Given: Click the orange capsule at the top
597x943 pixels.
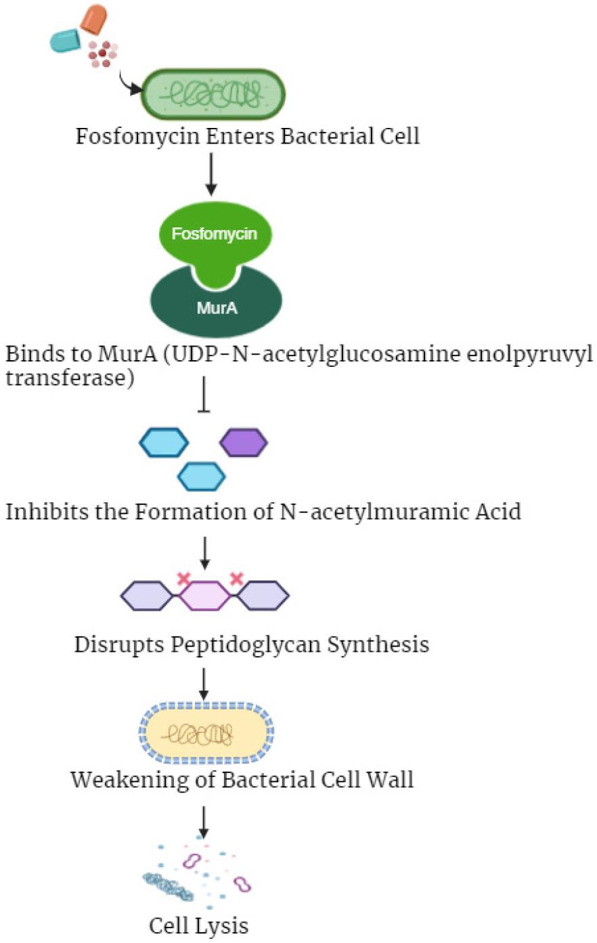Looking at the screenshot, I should coord(93,18).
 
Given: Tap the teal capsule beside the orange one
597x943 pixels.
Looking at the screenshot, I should coord(66,41).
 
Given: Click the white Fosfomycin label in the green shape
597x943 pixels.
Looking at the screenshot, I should coord(214,234).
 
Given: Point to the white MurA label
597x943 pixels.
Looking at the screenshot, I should coord(217,308).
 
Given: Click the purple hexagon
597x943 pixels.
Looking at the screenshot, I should coord(244,443).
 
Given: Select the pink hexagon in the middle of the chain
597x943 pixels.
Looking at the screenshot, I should coord(205,596).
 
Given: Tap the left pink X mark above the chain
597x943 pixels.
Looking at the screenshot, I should coord(183,579).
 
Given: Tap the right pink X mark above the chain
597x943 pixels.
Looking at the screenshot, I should coord(236,579).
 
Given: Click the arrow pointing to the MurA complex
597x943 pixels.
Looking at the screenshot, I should coord(212,174).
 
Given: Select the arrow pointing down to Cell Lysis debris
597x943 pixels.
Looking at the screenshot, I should coord(203,820).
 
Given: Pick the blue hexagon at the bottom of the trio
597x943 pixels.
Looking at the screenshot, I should coord(201,476).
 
